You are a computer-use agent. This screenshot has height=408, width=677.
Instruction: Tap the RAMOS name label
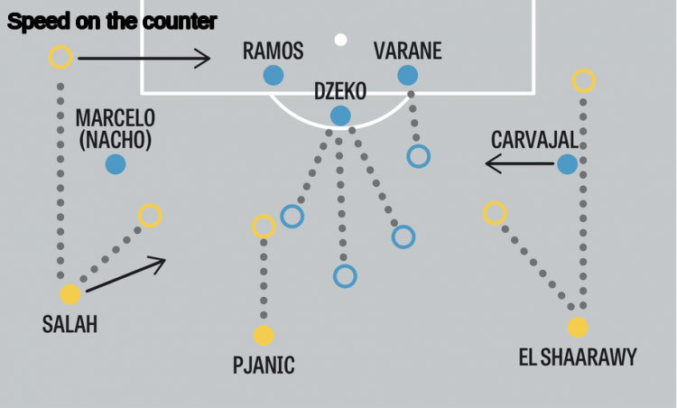pyautogui.click(x=273, y=51)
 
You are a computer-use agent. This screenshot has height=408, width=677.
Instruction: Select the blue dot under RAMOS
pyautogui.click(x=274, y=76)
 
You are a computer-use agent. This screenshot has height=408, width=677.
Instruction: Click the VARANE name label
pyautogui.click(x=407, y=51)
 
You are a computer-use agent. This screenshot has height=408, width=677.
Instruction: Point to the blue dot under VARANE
pyautogui.click(x=407, y=76)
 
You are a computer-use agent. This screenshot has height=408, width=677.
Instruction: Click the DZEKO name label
pyautogui.click(x=340, y=91)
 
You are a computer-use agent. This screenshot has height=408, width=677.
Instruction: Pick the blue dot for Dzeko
pyautogui.click(x=340, y=116)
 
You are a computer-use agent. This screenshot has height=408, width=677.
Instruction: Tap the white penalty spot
pyautogui.click(x=340, y=39)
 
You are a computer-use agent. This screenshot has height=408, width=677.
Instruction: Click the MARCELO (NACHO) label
pyautogui.click(x=115, y=129)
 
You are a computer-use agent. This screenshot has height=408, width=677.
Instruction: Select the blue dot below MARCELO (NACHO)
pyautogui.click(x=115, y=164)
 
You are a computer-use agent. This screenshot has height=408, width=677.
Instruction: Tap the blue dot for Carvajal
pyautogui.click(x=567, y=164)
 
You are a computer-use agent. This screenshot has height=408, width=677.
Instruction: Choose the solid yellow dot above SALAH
pyautogui.click(x=70, y=294)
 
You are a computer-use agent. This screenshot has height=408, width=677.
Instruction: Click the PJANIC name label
pyautogui.click(x=264, y=366)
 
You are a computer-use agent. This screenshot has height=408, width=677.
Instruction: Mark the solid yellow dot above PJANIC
pyautogui.click(x=264, y=336)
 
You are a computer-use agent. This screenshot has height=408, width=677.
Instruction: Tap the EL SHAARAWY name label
pyautogui.click(x=577, y=357)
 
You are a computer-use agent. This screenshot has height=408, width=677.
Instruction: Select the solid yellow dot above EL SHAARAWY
pyautogui.click(x=578, y=328)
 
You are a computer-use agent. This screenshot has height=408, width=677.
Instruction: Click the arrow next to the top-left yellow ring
pyautogui.click(x=144, y=59)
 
